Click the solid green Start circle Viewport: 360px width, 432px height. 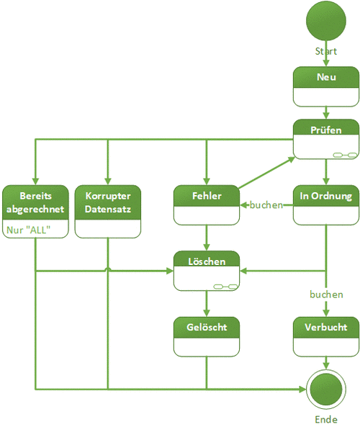pyautogui.click(x=326, y=21)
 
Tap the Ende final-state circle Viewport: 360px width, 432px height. pyautogui.click(x=326, y=389)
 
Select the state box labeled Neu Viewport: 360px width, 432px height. pyautogui.click(x=326, y=86)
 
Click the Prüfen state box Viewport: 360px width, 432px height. pyautogui.click(x=326, y=139)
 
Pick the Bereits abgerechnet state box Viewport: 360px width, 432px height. pyautogui.click(x=35, y=211)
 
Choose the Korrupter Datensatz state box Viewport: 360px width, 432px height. pyautogui.click(x=108, y=211)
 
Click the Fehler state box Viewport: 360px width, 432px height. pyautogui.click(x=207, y=204)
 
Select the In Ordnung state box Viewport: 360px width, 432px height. pyautogui.click(x=326, y=204)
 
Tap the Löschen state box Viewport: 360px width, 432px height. pyautogui.click(x=207, y=271)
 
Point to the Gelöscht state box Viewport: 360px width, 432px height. pyautogui.click(x=207, y=336)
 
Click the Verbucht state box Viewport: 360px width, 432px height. pyautogui.click(x=326, y=336)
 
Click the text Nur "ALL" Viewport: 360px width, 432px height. pyautogui.click(x=29, y=230)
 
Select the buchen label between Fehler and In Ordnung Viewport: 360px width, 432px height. pyautogui.click(x=266, y=205)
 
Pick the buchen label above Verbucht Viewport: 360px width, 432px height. pyautogui.click(x=326, y=294)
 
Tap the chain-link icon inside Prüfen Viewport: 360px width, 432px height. pyautogui.click(x=345, y=155)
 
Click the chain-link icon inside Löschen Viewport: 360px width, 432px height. pyautogui.click(x=225, y=287)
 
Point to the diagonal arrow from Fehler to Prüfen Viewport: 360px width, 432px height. pyautogui.click(x=266, y=173)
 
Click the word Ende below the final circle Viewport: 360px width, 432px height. pyautogui.click(x=326, y=420)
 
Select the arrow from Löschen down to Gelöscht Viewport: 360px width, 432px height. pyautogui.click(x=207, y=304)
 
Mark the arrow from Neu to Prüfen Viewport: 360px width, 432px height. pyautogui.click(x=326, y=113)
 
